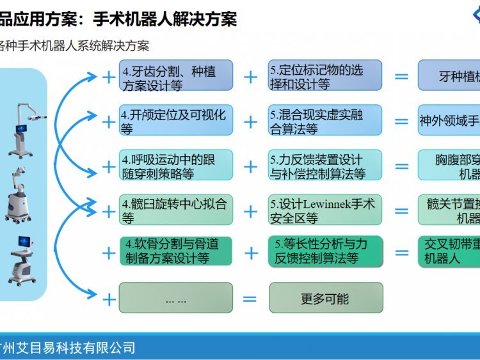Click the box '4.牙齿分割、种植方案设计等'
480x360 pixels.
coord(176,76)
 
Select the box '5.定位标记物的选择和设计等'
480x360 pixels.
coord(325,76)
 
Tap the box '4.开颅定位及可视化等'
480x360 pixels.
coord(176,121)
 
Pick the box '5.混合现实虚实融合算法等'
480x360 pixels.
coord(325,121)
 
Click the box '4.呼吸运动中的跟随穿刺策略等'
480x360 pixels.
coord(176,166)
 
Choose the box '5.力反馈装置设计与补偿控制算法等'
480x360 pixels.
coord(325,166)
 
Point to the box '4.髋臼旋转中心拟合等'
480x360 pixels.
coord(176,210)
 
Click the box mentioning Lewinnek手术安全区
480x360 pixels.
coord(325,210)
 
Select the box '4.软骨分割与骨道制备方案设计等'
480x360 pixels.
coord(176,251)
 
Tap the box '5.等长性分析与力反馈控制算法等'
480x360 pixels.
coord(325,251)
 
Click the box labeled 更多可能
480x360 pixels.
coord(325,298)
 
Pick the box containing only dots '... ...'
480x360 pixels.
coord(176,298)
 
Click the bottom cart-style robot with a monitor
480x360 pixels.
coord(23,258)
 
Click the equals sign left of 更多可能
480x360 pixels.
coord(250,299)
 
